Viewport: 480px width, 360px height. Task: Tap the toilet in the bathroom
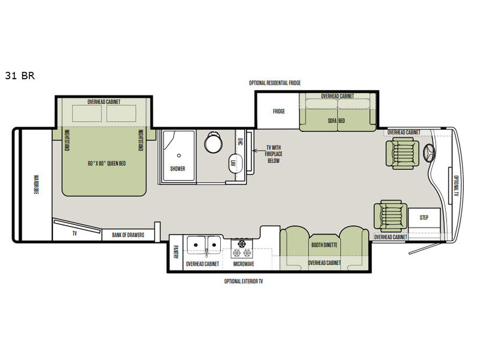tap(213, 142)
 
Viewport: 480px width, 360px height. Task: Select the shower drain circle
tap(179, 155)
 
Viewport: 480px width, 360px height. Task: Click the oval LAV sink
tap(235, 163)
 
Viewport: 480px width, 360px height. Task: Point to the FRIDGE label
tap(278, 111)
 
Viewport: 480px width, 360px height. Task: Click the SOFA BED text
tap(336, 121)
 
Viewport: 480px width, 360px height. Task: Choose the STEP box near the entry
tap(424, 218)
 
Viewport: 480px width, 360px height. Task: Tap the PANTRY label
tap(176, 251)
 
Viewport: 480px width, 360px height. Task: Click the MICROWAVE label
tap(244, 264)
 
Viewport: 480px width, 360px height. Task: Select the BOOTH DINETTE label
tap(324, 245)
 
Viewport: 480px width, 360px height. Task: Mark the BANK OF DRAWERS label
tap(128, 235)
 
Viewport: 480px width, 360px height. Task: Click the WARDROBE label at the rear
tap(36, 184)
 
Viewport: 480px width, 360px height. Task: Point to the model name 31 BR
tap(20, 76)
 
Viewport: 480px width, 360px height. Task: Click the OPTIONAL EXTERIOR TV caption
tap(244, 281)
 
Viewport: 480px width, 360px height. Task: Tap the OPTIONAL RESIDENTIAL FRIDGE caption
tap(275, 83)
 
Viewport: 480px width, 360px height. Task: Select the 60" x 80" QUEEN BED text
tap(107, 163)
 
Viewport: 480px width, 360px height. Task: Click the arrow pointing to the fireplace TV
tap(259, 151)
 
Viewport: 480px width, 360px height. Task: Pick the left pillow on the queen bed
tap(87, 113)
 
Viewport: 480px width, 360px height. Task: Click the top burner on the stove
tap(242, 244)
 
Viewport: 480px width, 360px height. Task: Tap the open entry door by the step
tap(424, 248)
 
